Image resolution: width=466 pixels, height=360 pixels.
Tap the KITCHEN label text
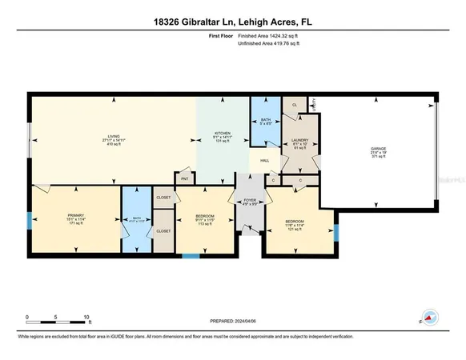(x=222, y=133)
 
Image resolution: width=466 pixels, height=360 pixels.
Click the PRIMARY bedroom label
(x=75, y=215)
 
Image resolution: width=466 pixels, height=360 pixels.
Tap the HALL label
(x=263, y=160)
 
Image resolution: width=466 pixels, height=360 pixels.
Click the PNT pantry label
(x=184, y=178)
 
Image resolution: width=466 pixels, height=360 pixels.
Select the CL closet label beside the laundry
(x=295, y=105)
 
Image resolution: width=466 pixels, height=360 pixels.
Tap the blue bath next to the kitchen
(x=264, y=121)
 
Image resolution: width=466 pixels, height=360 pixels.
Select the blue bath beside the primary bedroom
(x=136, y=221)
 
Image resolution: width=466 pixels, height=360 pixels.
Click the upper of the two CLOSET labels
(x=163, y=196)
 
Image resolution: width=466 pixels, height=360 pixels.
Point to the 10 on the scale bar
(x=86, y=317)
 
